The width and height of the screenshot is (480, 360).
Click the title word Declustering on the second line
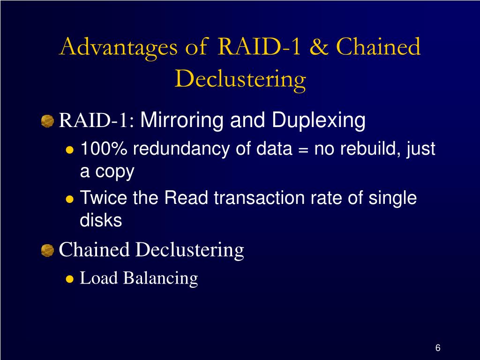[x=240, y=79]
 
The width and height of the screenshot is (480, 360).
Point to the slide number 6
[x=438, y=348]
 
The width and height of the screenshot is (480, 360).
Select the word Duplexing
[x=319, y=121]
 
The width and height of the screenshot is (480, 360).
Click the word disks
[x=101, y=220]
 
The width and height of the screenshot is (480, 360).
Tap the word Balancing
[x=161, y=278]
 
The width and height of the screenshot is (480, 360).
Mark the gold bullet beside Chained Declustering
[x=47, y=251]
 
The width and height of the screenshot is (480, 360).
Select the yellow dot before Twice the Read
[x=69, y=199]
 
